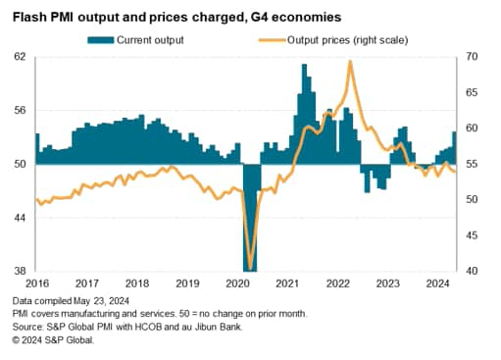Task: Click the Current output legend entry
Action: point(149,39)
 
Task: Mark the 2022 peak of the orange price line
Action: point(350,62)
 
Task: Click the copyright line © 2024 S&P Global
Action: point(55,339)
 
